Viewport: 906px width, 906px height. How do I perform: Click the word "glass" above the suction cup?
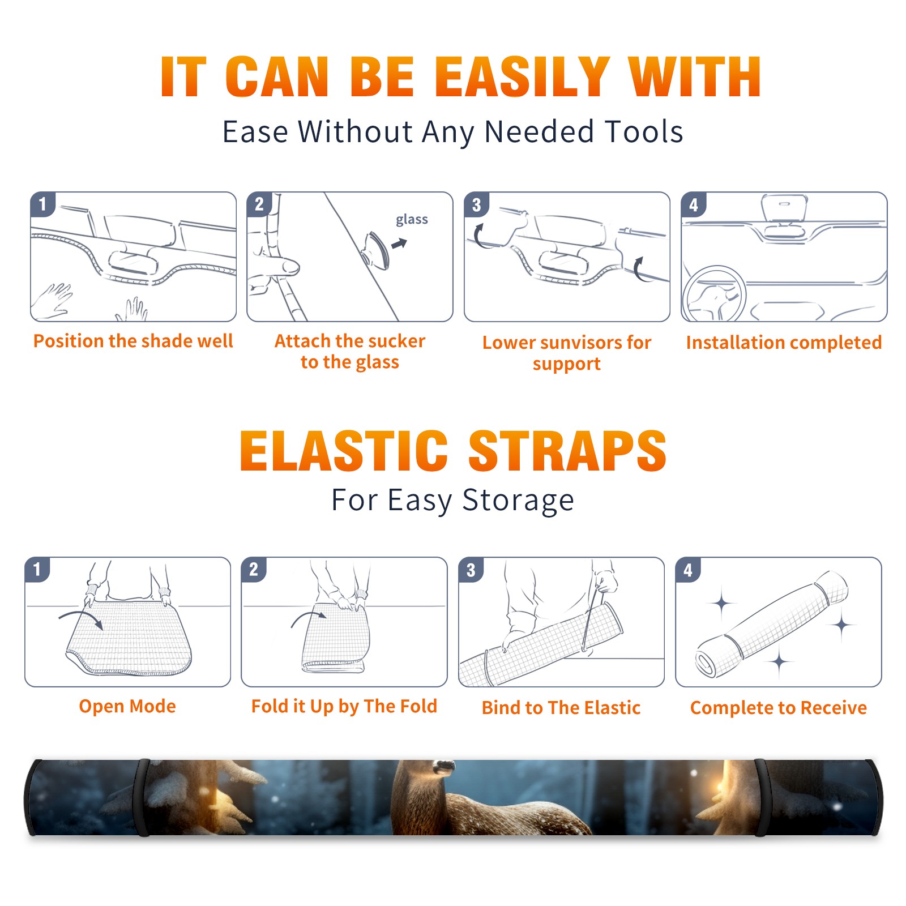point(412,220)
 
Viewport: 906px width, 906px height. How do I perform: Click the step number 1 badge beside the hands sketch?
point(43,204)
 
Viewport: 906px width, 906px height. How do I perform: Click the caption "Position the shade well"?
point(133,341)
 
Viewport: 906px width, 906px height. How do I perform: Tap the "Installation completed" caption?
point(784,342)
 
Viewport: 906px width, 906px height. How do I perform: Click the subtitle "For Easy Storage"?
point(453,500)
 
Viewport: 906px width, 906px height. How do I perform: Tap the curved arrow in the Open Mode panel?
point(82,618)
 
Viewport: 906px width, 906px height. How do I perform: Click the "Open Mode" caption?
point(127,706)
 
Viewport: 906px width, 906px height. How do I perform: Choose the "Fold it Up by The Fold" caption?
point(344,706)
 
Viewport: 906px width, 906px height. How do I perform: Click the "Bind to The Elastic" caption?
point(561,708)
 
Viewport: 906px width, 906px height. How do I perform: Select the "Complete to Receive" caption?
point(779,708)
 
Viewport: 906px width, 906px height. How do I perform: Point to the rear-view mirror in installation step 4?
point(784,208)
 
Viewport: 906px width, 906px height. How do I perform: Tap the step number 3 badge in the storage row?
point(471,570)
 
